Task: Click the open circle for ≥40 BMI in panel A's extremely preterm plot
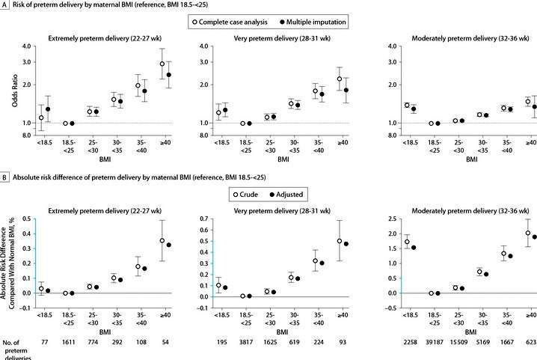tap(162, 64)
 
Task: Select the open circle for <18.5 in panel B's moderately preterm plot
tap(406, 242)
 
